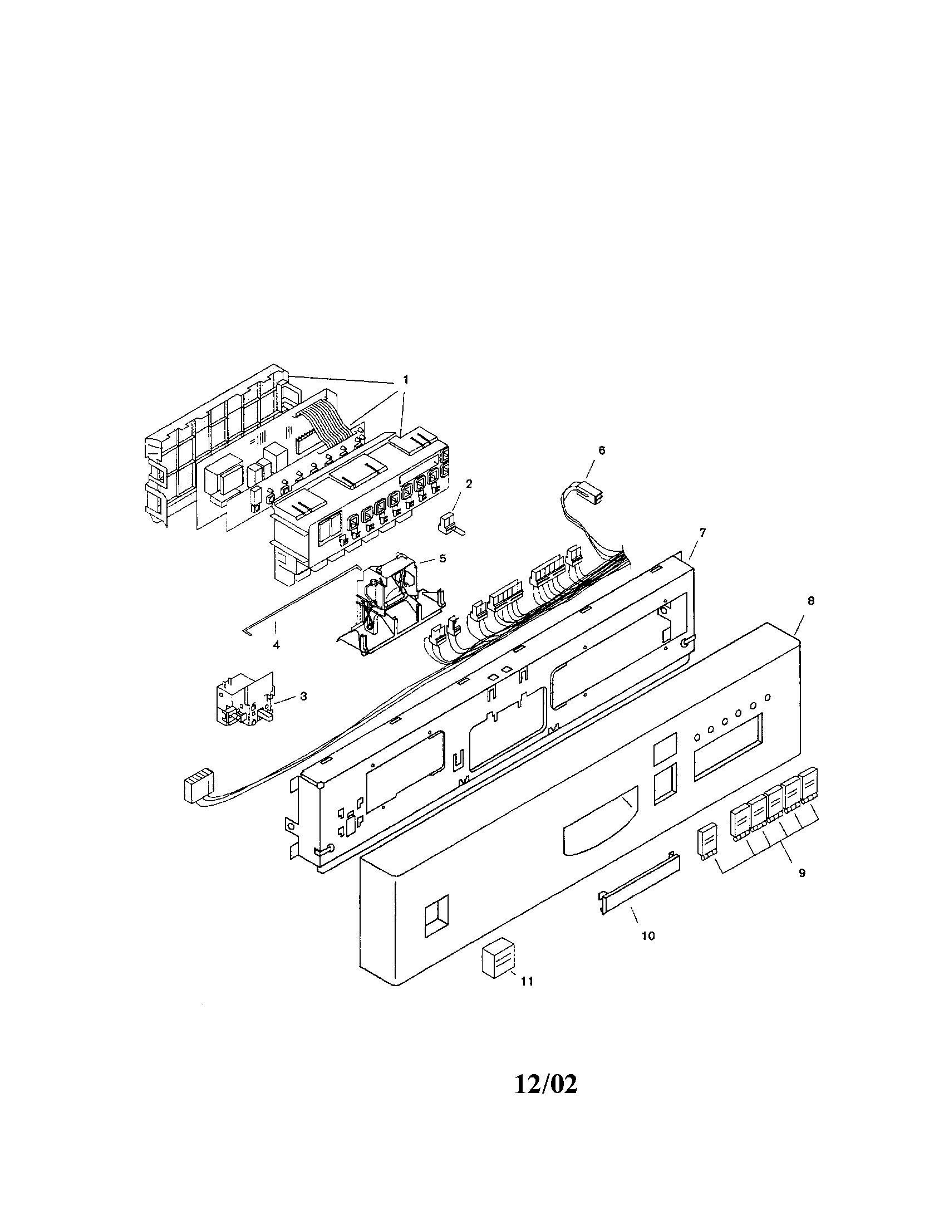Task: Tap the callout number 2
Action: [469, 483]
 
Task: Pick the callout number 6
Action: [602, 450]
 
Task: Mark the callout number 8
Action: [810, 600]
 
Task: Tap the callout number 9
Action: [802, 873]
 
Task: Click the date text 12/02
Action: [545, 1085]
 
